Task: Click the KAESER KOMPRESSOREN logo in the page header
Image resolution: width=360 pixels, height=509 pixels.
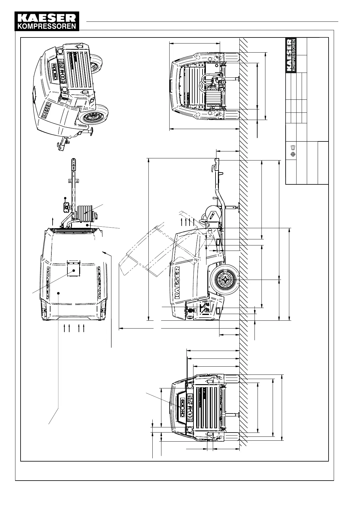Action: point(47,21)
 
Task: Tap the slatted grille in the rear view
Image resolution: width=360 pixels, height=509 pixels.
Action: point(209,408)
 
